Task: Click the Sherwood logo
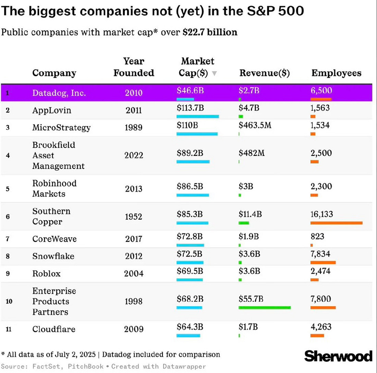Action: pos(338,356)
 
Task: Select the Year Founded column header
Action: pos(134,67)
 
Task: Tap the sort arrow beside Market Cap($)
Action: pos(214,73)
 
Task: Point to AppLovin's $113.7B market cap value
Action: pos(191,108)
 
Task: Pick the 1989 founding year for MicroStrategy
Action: pos(134,128)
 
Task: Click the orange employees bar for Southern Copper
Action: pos(336,223)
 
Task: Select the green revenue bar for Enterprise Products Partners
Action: pos(265,308)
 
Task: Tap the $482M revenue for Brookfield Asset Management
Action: pos(252,153)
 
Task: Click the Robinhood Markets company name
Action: pos(54,188)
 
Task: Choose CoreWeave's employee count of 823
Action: pos(317,237)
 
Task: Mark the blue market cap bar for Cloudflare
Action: pos(188,336)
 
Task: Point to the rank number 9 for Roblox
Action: pos(8,274)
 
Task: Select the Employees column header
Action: pos(336,73)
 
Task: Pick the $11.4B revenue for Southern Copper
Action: pos(250,214)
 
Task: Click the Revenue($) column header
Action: pos(264,73)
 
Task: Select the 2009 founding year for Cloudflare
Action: pos(134,329)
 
